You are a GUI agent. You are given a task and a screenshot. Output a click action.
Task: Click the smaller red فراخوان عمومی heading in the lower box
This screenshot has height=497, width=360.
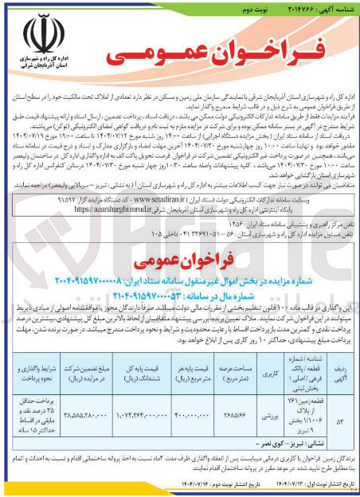[182, 263]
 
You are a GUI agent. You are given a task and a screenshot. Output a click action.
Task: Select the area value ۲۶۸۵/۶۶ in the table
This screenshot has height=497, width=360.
[232, 414]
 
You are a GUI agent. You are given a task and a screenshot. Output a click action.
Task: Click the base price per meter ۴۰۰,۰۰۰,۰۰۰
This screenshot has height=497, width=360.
[192, 414]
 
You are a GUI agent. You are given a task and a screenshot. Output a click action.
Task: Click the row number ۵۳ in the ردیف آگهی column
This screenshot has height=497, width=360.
[342, 414]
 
